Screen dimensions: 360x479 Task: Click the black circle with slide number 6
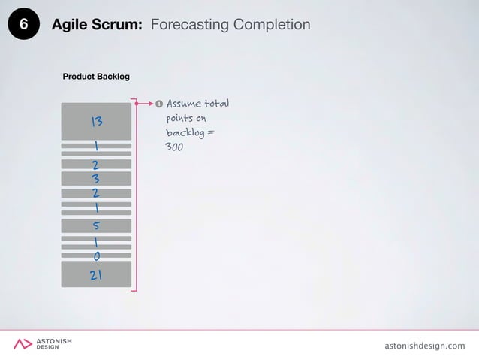[x=23, y=25]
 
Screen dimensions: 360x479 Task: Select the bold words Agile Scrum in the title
[x=97, y=25]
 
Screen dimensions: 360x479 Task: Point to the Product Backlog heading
[x=96, y=77]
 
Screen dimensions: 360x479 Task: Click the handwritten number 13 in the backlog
[x=96, y=122]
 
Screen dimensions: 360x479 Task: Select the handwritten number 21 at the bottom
[x=96, y=275]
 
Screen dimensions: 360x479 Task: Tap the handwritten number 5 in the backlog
[x=96, y=225]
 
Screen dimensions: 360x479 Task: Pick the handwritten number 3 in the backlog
[x=96, y=179]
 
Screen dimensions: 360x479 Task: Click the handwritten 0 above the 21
[x=97, y=256]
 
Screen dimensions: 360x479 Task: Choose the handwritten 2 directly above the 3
[x=96, y=165]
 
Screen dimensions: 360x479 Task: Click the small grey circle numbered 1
[x=158, y=103]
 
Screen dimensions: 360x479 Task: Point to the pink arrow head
[x=150, y=103]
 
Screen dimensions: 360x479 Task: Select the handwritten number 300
[x=174, y=147]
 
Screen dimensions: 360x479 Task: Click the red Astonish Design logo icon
[x=23, y=344]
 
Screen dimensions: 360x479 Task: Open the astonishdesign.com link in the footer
[x=424, y=345]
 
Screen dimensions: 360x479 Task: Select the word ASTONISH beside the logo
[x=55, y=341]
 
